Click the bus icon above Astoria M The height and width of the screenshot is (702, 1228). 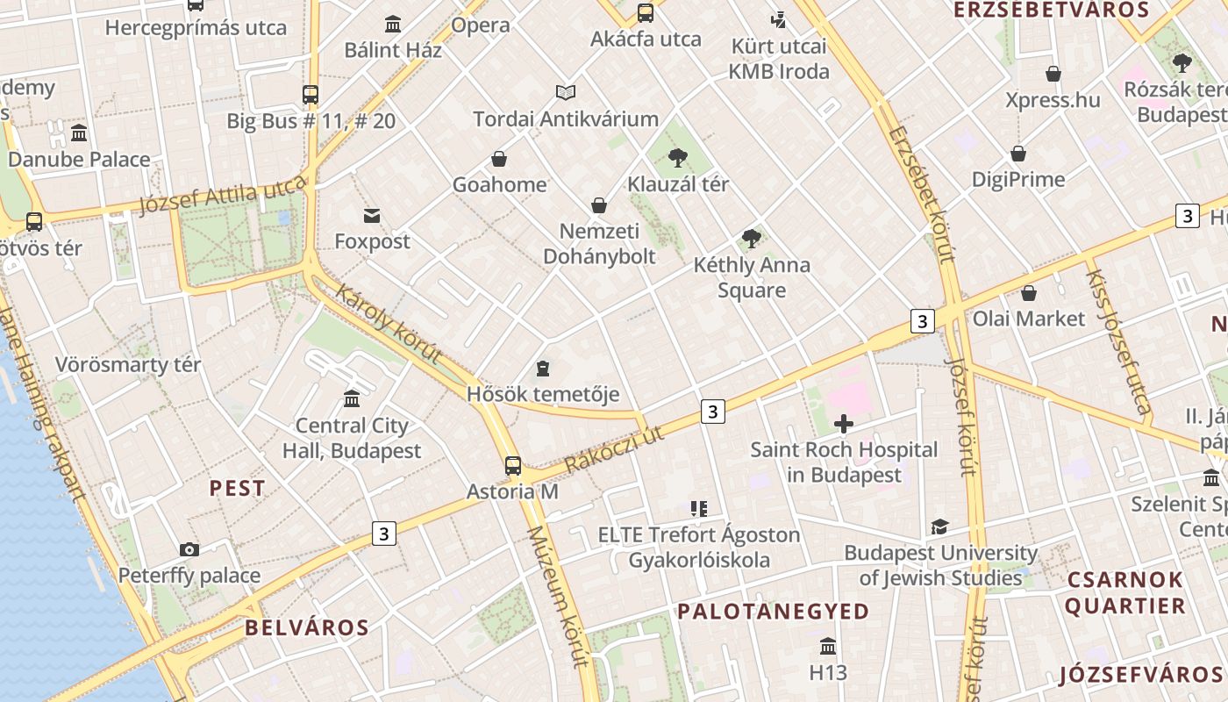coord(513,465)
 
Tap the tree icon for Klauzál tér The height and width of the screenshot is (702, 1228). coord(677,158)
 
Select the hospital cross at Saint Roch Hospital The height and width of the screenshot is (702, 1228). coord(844,425)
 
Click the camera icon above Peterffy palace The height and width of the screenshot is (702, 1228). coord(189,550)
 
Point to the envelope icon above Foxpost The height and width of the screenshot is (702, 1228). coord(372,215)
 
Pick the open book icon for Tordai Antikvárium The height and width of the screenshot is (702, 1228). coord(566,92)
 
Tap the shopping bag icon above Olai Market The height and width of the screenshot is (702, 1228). coord(1028,292)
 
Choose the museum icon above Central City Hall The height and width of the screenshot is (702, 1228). coord(352,399)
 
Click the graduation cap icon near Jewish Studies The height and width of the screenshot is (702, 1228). coord(939,526)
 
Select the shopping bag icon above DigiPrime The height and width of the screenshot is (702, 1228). coord(1017,154)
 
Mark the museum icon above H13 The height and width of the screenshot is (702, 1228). coord(828,647)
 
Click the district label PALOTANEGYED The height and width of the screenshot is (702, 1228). coord(773,611)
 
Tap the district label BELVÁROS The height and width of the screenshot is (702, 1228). coord(307,627)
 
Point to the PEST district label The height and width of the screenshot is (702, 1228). coord(237,489)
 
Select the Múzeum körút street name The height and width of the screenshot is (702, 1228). coord(558,597)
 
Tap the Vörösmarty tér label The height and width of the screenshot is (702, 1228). coord(128,364)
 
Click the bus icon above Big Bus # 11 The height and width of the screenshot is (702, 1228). coord(311,95)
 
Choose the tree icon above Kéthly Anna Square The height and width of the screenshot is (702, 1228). coord(751,239)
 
